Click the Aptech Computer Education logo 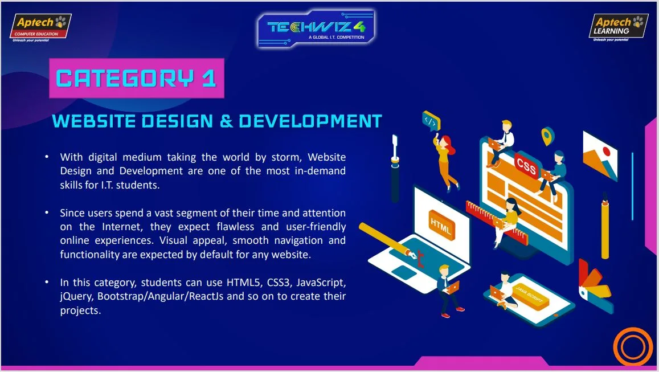click(x=40, y=28)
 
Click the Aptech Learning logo click(x=618, y=27)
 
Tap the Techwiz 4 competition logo click(x=316, y=28)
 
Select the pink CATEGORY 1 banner click(x=137, y=78)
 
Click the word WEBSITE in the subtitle click(x=94, y=121)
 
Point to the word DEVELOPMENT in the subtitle click(x=310, y=121)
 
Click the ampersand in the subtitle click(x=226, y=121)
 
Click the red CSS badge click(x=527, y=165)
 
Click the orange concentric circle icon click(x=633, y=347)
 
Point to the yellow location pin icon click(x=547, y=136)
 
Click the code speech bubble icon click(x=431, y=121)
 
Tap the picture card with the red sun click(x=600, y=156)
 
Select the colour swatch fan click(x=594, y=286)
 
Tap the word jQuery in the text click(x=76, y=296)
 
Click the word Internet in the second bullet click(x=122, y=227)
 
